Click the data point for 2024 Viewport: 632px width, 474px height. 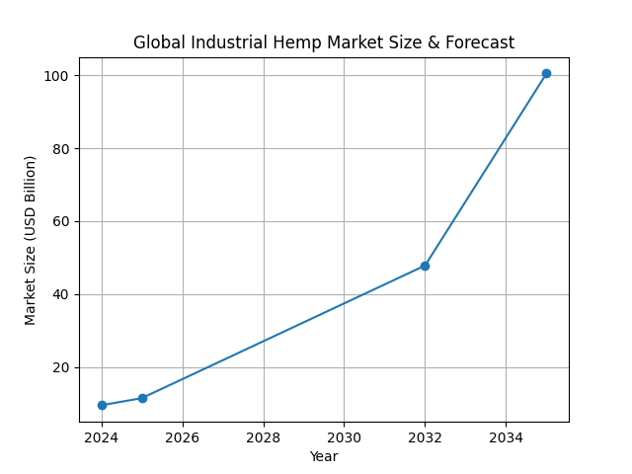(x=102, y=405)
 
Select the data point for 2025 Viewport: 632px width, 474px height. (x=142, y=398)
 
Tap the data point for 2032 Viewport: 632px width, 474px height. (x=425, y=266)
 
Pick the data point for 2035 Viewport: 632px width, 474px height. (x=546, y=73)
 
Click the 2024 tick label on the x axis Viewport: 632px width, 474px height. (x=102, y=437)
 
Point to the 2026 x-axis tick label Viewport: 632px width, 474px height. (x=183, y=437)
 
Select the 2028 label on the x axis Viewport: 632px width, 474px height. (x=264, y=437)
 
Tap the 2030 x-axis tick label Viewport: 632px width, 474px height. (x=344, y=437)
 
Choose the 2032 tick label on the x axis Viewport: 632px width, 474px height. (x=425, y=437)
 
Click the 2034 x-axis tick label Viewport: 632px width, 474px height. (x=506, y=437)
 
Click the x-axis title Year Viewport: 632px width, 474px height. (x=324, y=456)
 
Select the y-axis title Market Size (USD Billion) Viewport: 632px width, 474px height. (x=31, y=240)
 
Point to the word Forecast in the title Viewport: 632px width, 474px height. (x=479, y=42)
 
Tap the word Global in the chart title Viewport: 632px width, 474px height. (x=158, y=42)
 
